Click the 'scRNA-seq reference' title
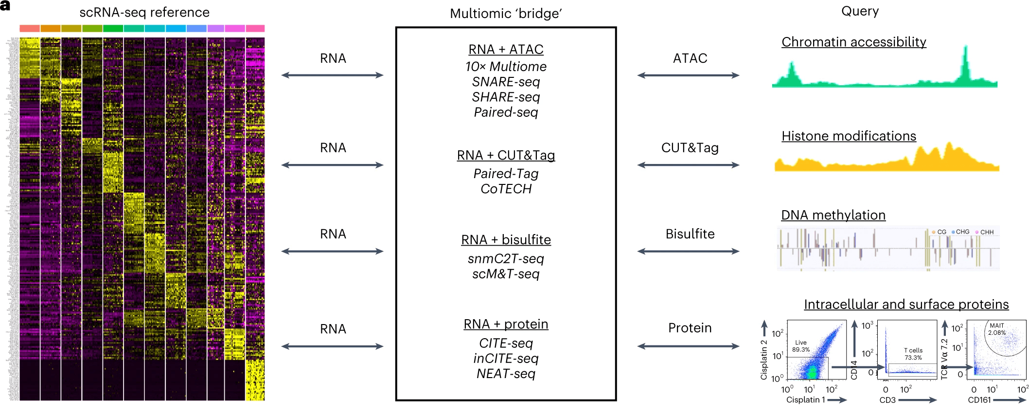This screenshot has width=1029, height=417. [x=144, y=12]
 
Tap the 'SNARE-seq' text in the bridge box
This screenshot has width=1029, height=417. [x=506, y=82]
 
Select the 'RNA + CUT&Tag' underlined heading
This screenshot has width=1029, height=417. [x=506, y=155]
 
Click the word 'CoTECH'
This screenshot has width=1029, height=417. [x=506, y=189]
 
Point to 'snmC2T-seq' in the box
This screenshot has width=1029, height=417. [x=506, y=259]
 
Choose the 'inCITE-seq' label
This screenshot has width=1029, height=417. [x=506, y=359]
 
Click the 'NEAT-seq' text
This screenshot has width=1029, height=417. [x=506, y=374]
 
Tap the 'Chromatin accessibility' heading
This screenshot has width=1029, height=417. [x=853, y=42]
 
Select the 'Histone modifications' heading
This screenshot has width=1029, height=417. [x=849, y=136]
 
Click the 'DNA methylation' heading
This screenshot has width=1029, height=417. [x=833, y=215]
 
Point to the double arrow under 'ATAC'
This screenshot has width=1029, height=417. [x=688, y=75]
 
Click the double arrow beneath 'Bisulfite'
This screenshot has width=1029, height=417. [x=688, y=252]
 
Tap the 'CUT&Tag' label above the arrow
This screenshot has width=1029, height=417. [x=690, y=148]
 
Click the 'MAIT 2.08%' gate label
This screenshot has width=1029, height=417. [x=996, y=329]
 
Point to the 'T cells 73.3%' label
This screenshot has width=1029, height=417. [x=913, y=354]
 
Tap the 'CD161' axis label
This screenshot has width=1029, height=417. [x=979, y=400]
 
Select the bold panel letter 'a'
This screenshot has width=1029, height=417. [x=5, y=6]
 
